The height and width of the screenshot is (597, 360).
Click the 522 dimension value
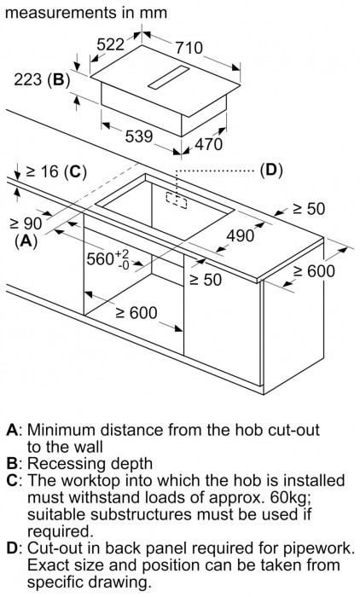tap(111, 44)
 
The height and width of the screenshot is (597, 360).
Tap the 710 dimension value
tap(189, 48)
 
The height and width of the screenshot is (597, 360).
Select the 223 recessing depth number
tap(28, 80)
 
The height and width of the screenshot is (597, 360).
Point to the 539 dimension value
tap(139, 136)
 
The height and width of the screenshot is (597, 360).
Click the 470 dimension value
tap(208, 144)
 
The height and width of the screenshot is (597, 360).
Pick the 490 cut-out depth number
tap(240, 236)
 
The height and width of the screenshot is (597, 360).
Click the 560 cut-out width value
tap(100, 259)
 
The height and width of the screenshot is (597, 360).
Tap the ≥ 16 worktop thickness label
tap(42, 172)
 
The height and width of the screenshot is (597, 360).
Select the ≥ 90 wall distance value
tap(26, 223)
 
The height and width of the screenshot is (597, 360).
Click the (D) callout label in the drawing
tap(271, 170)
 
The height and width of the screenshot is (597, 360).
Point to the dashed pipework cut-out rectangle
tap(177, 200)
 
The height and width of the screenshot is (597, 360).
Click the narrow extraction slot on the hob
tap(168, 78)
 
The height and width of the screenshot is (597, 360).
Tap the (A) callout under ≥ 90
tap(26, 241)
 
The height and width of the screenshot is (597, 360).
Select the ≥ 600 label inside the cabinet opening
tap(136, 313)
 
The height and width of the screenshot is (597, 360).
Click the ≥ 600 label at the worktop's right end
tap(314, 271)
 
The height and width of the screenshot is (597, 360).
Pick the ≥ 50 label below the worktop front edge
tap(206, 280)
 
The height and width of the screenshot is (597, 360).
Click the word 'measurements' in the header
tap(61, 13)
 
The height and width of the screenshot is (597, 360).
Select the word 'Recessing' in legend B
tap(65, 464)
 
